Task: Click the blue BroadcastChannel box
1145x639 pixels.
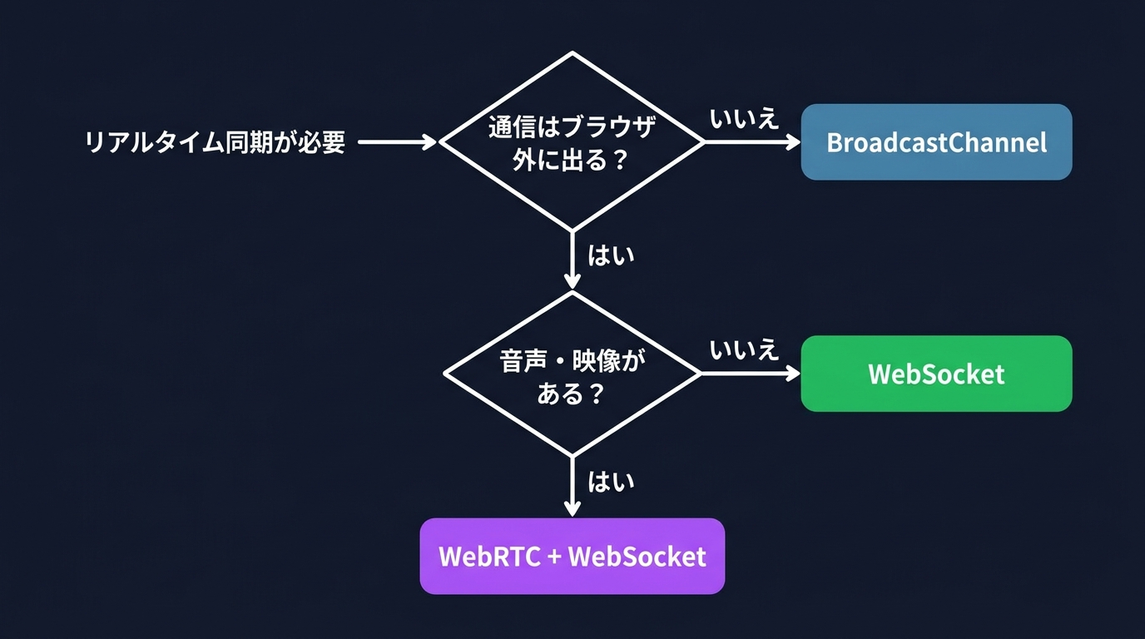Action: point(936,142)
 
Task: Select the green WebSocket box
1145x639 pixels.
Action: point(936,374)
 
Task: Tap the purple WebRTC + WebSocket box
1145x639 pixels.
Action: point(572,556)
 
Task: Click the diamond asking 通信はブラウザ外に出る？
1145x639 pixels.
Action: point(572,142)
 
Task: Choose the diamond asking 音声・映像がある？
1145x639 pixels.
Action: point(572,374)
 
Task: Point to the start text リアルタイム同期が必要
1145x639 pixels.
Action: point(215,142)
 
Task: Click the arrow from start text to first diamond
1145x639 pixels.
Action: point(396,142)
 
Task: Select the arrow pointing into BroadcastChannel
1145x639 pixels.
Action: point(751,142)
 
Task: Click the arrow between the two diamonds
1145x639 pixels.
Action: point(572,260)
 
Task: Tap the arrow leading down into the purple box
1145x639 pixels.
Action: point(572,487)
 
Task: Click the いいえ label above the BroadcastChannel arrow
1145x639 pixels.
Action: point(744,118)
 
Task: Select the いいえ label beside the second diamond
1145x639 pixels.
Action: point(744,349)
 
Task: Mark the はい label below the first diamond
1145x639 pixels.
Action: point(611,255)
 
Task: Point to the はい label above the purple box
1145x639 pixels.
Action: point(611,482)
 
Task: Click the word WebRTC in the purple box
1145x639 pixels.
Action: point(489,556)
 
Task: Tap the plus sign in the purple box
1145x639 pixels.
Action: point(555,557)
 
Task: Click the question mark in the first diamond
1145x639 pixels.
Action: point(618,161)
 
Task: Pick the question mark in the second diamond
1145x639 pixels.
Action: point(594,394)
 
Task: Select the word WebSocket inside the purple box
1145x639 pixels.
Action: point(637,556)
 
